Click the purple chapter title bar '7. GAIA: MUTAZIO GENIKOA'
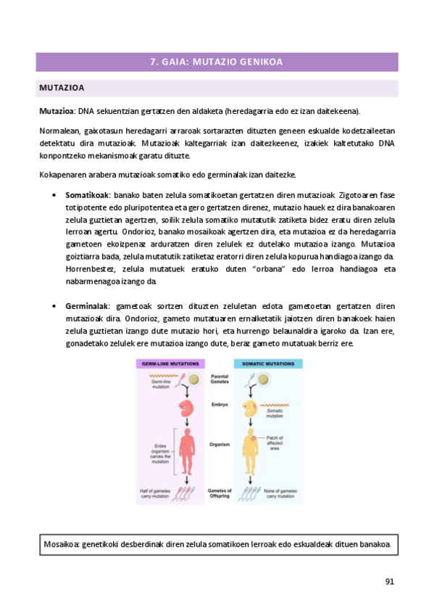point(217,62)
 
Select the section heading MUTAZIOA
point(62,88)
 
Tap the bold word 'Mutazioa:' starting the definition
point(57,111)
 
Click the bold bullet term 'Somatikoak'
point(87,195)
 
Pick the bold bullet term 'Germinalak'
point(87,307)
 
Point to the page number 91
point(389,581)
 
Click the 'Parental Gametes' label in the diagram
point(220,379)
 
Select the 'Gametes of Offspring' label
point(220,493)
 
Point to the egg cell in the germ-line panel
point(194,379)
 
